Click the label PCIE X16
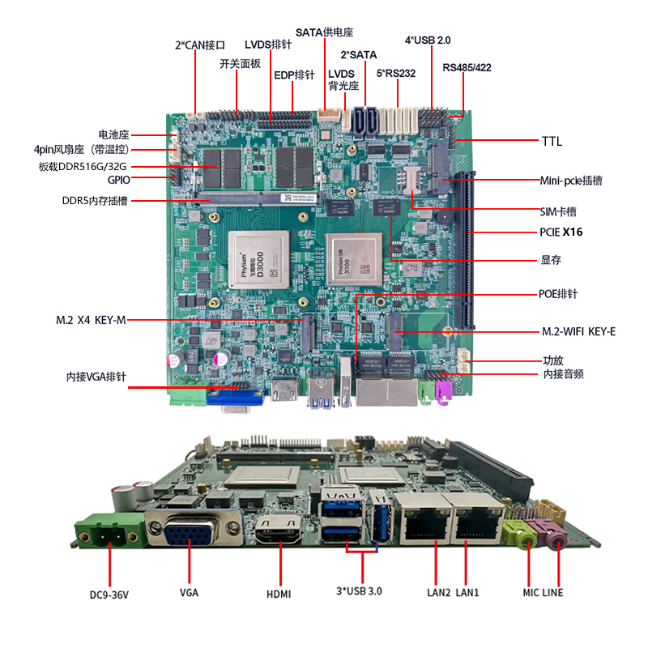(561, 232)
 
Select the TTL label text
(552, 142)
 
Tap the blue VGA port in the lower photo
(190, 535)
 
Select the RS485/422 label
(467, 67)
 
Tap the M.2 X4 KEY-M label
(91, 320)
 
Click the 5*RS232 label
(396, 73)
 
